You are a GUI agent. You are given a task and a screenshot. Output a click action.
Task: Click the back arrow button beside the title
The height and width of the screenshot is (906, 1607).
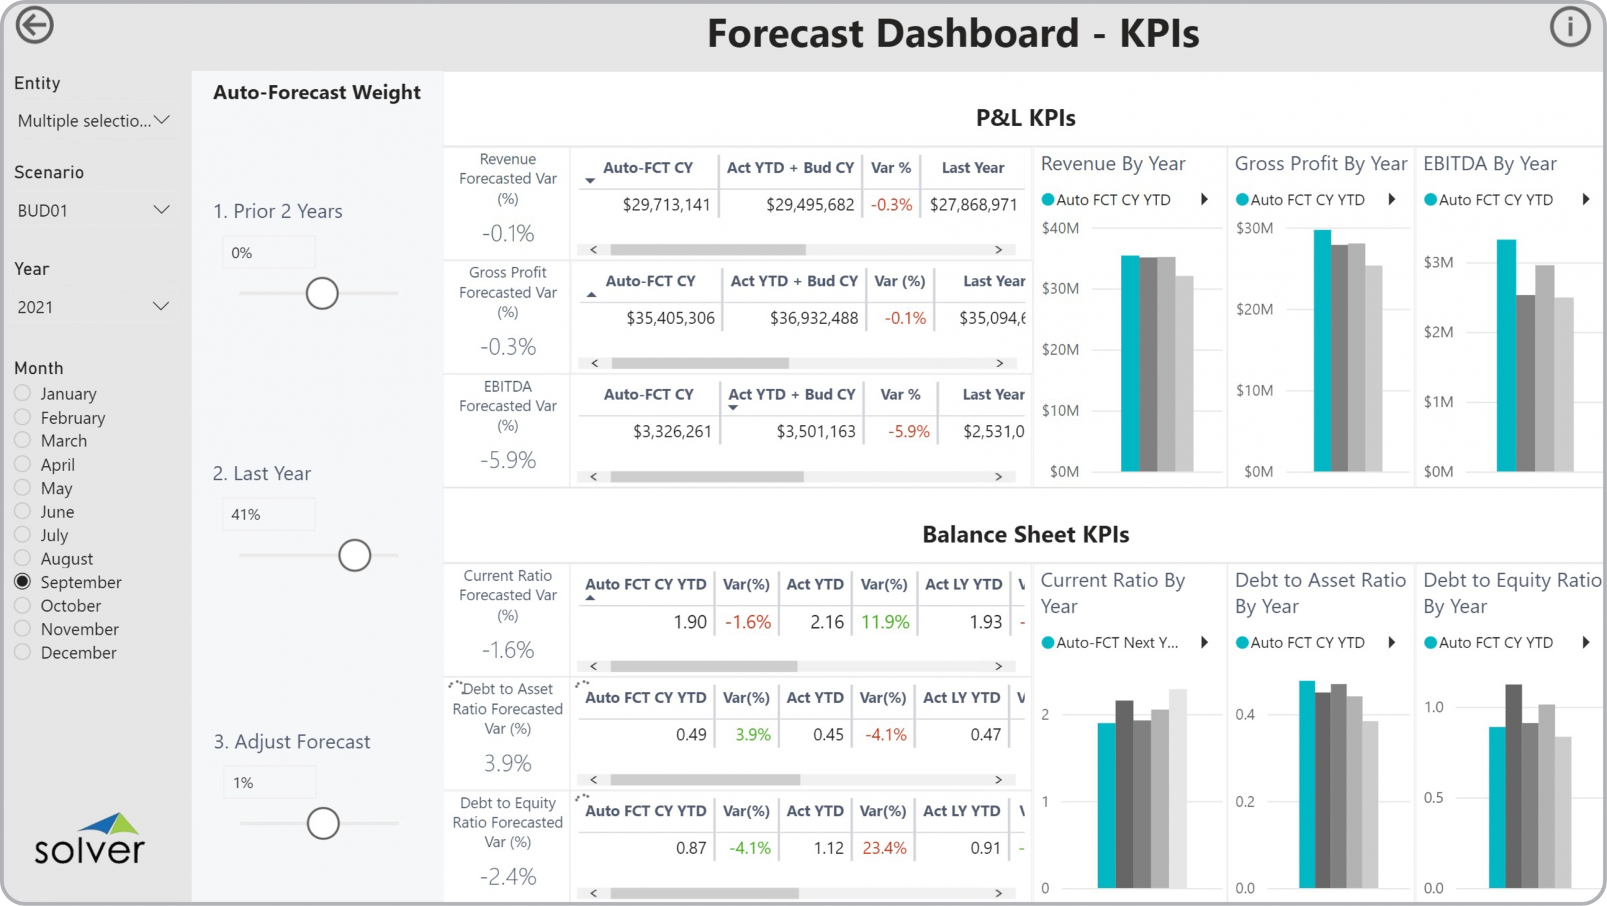[34, 26]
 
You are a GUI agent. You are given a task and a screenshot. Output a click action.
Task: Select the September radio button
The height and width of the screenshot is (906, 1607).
[23, 581]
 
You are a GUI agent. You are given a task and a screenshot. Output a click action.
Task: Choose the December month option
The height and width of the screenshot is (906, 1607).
[23, 652]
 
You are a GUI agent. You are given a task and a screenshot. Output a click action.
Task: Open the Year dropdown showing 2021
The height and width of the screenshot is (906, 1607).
[94, 306]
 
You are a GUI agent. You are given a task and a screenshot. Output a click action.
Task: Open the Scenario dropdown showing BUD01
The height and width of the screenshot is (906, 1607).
[94, 210]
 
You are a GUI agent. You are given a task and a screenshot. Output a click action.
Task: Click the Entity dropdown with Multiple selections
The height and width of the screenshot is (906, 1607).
[94, 120]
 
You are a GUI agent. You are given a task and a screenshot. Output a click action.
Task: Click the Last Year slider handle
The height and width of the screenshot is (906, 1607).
[355, 555]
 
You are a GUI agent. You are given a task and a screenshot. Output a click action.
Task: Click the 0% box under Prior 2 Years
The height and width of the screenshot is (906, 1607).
[269, 252]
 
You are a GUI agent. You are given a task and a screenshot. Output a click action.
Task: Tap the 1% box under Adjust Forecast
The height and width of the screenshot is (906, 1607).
[269, 782]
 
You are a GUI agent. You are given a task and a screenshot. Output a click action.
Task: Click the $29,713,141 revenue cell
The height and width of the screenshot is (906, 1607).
[665, 205]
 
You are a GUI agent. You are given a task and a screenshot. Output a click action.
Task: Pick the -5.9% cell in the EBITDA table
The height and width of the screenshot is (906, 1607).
[908, 431]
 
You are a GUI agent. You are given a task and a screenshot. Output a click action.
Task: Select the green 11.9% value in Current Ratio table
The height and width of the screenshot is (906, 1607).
[884, 622]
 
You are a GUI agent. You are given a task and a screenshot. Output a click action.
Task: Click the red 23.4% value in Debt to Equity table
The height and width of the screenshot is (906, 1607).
[884, 848]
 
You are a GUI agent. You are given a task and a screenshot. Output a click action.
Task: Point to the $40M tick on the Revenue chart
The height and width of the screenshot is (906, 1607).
[1060, 228]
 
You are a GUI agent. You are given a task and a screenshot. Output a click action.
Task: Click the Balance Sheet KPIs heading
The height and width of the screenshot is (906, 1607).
[1025, 534]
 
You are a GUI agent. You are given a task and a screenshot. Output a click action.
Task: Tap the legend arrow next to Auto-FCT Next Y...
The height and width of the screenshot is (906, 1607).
[1204, 642]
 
